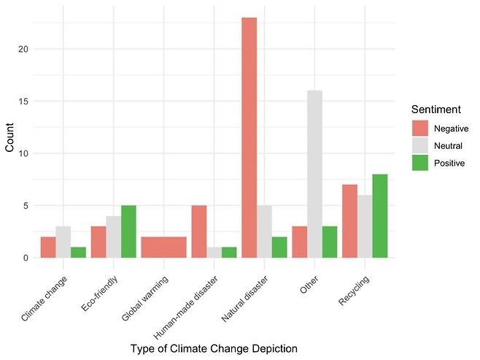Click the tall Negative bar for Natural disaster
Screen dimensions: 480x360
coord(249,137)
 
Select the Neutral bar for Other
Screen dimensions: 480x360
coord(314,174)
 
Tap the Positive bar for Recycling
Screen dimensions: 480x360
coord(380,216)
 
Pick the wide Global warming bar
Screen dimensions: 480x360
coord(164,248)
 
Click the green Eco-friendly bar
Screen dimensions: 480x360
coord(128,231)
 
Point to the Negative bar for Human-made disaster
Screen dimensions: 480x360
coord(199,231)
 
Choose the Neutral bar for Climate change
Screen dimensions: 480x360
coord(63,242)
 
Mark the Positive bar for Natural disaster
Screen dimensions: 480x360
coord(279,248)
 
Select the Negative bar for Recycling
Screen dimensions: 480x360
coord(349,221)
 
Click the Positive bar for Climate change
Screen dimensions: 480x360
coord(78,253)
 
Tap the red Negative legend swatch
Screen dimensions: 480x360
coord(420,128)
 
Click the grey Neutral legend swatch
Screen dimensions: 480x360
coord(420,145)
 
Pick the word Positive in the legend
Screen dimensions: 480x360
coord(449,163)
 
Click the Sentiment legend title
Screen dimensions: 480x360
coord(436,110)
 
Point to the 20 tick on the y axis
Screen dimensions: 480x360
coord(23,49)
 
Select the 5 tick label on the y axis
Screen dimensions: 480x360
coord(26,206)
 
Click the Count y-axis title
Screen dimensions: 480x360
coord(9,137)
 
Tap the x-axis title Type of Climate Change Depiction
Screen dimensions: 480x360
coord(214,348)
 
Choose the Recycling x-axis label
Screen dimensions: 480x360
coord(354,290)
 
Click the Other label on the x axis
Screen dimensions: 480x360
coord(309,285)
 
